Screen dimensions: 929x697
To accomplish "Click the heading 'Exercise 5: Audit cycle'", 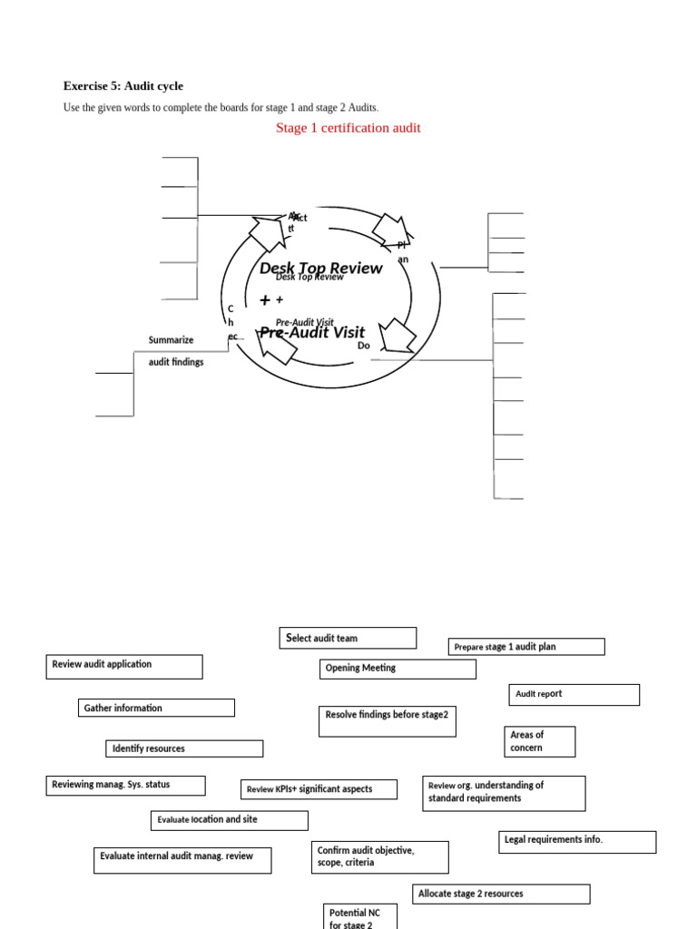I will pos(123,86).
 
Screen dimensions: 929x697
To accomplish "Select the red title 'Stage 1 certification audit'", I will pos(348,128).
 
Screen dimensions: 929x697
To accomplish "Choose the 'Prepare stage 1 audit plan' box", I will pos(526,647).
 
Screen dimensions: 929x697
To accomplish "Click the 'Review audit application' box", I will pos(124,667).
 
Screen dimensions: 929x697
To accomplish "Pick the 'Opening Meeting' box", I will pos(398,669).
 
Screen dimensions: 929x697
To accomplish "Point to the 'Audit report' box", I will pos(574,694).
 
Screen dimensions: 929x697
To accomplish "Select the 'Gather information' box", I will pos(156,708).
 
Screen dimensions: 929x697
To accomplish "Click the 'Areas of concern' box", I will pos(541,741).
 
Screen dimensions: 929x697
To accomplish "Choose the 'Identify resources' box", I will pos(184,748).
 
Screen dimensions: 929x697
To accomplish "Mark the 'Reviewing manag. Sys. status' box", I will pos(125,785).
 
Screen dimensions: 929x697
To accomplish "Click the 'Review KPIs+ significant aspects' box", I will pos(319,789).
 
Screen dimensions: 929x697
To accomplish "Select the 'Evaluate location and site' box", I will pos(229,820).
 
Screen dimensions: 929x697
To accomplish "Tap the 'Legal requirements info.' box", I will pos(576,841).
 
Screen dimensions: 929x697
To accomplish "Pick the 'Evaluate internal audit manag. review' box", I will pos(182,860).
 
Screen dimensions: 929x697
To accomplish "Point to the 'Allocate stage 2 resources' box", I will pos(500,895).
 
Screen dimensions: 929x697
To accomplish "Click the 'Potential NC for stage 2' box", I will pos(361,916).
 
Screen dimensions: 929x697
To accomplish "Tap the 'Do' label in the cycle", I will pos(364,346).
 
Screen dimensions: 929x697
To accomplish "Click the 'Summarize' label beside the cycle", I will pos(172,340).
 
